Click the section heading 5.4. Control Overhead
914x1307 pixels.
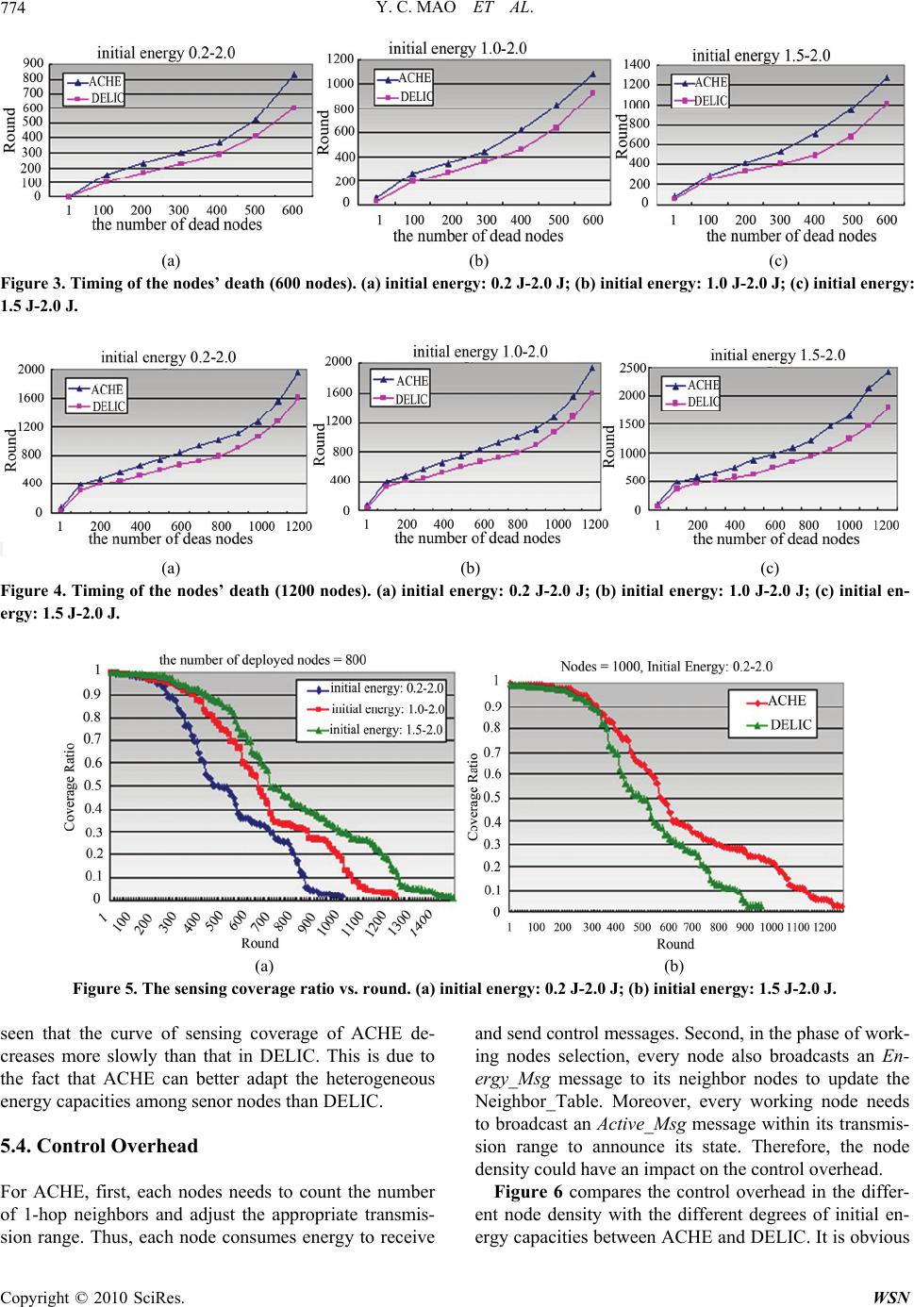pos(100,1146)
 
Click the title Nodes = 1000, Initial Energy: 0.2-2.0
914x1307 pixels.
pos(667,666)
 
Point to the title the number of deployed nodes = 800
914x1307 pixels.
pos(262,660)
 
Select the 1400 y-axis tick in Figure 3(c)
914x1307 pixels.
pos(637,64)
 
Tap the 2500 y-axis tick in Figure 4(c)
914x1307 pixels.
pos(632,367)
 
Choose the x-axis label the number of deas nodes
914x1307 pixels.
pos(171,539)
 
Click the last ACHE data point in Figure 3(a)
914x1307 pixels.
pos(293,74)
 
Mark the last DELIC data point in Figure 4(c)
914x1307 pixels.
pos(888,407)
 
